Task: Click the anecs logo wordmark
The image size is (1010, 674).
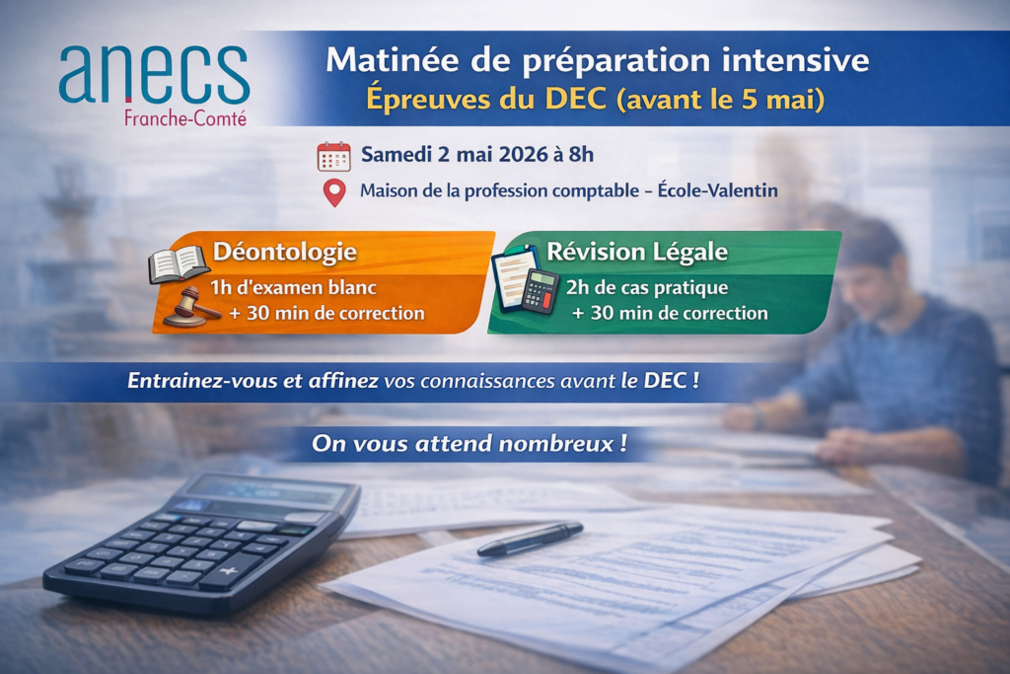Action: coord(154,74)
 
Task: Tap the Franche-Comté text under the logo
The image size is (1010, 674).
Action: coord(185,118)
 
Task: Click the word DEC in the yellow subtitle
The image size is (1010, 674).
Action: coord(576,99)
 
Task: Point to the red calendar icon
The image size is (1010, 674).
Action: coord(333,157)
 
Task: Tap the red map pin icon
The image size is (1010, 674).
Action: coord(334,193)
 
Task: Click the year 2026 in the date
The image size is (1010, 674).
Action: coord(523,155)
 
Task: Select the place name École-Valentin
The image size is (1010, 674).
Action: coord(718,190)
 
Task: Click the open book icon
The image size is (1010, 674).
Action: coord(178,264)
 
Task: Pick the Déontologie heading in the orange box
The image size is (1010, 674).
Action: coord(285,252)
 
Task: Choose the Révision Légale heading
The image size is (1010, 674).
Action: coord(637,252)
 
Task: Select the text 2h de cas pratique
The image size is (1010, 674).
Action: coord(647,287)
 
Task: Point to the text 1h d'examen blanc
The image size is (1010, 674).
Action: coord(293,287)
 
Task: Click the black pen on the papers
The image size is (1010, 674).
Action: coord(530,539)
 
